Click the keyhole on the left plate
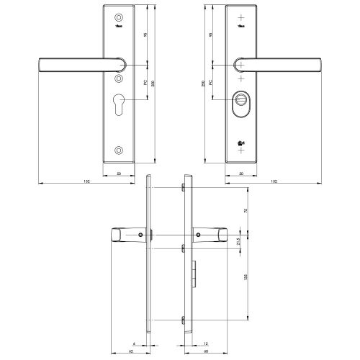point(119,102)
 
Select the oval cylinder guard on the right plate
point(240,102)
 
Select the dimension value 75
point(246,211)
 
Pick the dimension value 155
point(246,277)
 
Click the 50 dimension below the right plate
point(240,173)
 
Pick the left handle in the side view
point(126,235)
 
